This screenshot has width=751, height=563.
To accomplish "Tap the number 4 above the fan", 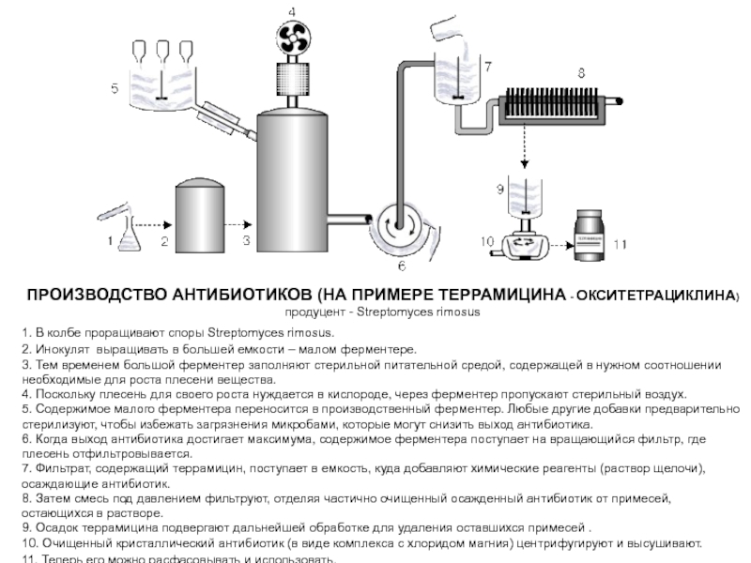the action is coord(292,10).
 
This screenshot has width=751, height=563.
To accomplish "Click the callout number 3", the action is coord(247,241).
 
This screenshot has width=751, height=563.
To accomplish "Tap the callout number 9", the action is coord(500,189).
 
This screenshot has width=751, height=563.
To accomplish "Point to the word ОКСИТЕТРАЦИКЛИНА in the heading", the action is coord(658,296).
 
